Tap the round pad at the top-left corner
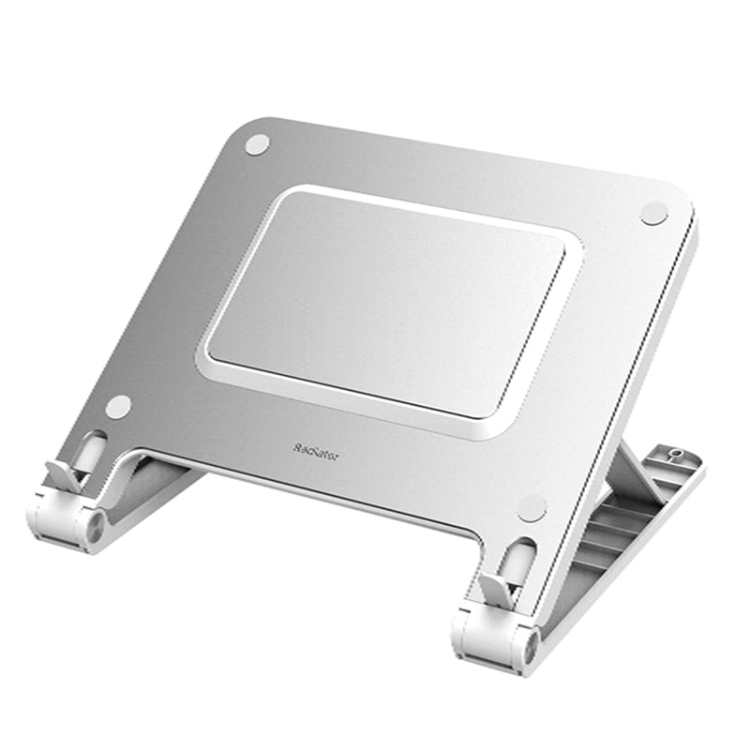pyautogui.click(x=257, y=144)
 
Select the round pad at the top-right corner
pyautogui.click(x=654, y=213)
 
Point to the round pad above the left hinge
pyautogui.click(x=119, y=406)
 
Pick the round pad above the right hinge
pyautogui.click(x=532, y=508)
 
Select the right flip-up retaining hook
pyautogui.click(x=494, y=589)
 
